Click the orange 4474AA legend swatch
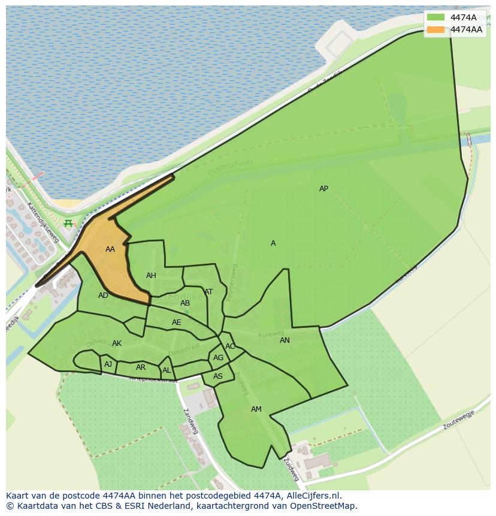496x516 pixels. tap(436, 29)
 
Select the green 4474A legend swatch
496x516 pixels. tap(436, 17)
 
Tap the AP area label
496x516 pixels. tap(323, 189)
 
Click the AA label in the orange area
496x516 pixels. tap(110, 249)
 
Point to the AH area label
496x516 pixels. tap(151, 276)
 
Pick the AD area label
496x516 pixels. tap(104, 295)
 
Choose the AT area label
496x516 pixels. tap(208, 292)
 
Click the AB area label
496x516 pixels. tap(185, 303)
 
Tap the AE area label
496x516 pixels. tap(176, 322)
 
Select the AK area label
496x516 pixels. tap(117, 343)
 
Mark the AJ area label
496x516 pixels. tap(108, 364)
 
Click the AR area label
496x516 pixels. tap(141, 367)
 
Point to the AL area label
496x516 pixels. tap(167, 370)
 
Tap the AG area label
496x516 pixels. tap(218, 358)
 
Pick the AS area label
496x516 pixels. tap(218, 376)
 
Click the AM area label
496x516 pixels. tap(256, 409)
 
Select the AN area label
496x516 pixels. tap(285, 340)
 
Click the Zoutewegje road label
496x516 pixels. tap(459, 421)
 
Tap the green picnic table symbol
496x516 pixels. tap(68, 224)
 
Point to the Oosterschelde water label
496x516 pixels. tap(231, 167)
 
